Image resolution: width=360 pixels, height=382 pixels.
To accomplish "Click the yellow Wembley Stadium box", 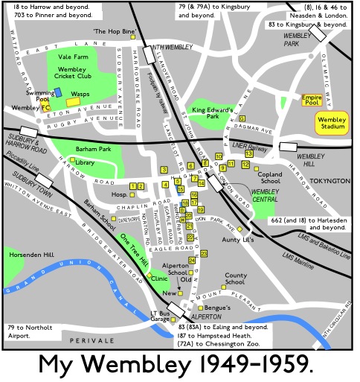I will click(x=331, y=122).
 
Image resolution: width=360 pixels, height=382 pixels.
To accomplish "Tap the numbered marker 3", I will click(x=164, y=171).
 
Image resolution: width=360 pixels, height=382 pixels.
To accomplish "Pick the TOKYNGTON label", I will click(x=328, y=181).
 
